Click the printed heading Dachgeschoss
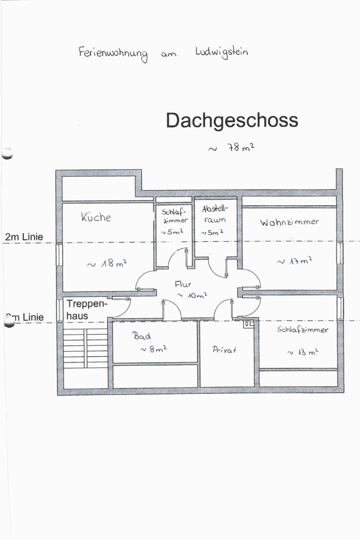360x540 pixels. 232,121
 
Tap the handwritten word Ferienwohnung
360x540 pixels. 113,53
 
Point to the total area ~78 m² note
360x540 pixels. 232,148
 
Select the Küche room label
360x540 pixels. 96,217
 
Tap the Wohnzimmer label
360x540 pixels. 289,222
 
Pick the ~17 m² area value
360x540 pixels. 295,261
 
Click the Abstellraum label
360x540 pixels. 215,214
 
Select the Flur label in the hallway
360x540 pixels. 183,284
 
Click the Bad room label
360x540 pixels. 142,336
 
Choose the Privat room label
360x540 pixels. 224,349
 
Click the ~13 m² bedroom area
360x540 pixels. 303,352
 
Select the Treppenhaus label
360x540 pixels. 86,310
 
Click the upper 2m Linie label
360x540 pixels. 24,237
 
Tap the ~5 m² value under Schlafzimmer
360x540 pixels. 172,232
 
